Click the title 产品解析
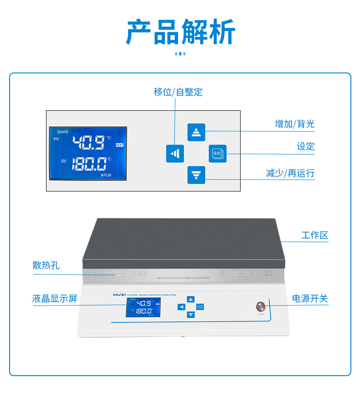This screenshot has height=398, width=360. tap(180, 32)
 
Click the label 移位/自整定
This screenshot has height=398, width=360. tap(178, 92)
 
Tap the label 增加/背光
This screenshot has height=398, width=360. tap(294, 124)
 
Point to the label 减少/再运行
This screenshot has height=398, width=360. tap(290, 173)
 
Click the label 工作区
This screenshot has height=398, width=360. tap(314, 235)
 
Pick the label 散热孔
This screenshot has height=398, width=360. tap(46, 265)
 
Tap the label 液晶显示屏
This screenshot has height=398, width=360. tap(55, 299)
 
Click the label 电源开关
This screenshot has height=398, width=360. tap(310, 299)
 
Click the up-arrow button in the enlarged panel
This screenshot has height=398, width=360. tap(196, 132)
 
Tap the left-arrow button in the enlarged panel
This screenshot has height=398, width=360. tap(175, 154)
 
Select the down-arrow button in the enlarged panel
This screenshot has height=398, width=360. tap(196, 175)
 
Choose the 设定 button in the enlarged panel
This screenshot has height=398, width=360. tap(217, 154)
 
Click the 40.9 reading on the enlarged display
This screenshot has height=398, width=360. tap(89, 143)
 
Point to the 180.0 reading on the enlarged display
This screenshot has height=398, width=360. tap(89, 163)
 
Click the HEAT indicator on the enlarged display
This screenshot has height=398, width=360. tap(119, 145)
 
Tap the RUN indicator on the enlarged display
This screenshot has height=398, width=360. tap(106, 175)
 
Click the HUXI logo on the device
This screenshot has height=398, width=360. tap(119, 295)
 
